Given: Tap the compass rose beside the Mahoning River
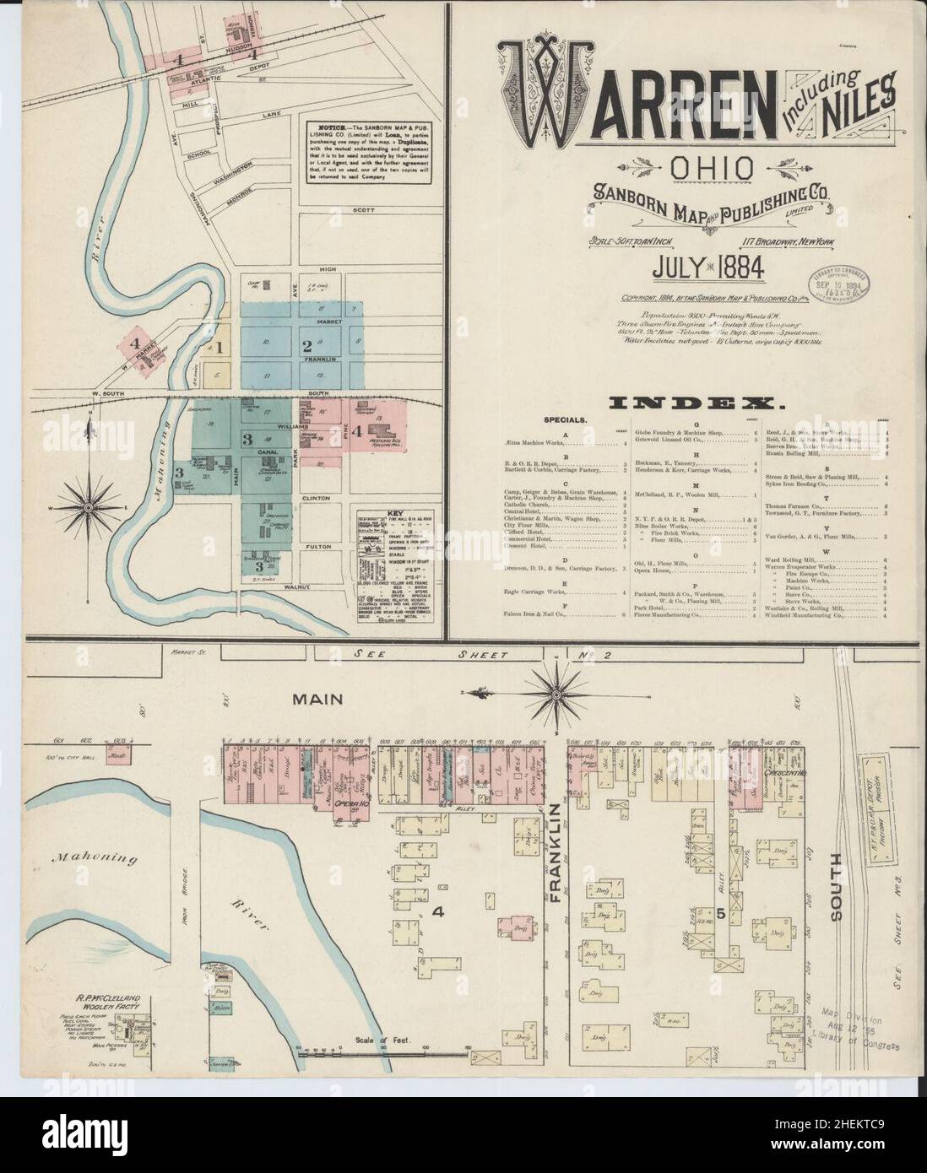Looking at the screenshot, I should tap(88, 507).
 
